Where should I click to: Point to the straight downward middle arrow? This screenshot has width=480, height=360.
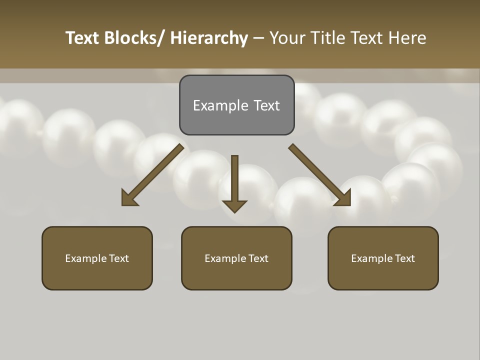coord(234,182)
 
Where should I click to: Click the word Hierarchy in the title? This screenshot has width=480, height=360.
coord(209,38)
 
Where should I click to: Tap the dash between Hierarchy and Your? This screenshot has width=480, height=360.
coord(258,38)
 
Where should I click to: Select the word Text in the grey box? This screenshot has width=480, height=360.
coord(266,105)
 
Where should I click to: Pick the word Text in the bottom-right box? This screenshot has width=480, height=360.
coord(404,258)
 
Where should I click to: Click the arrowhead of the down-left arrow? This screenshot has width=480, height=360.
coord(129,198)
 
